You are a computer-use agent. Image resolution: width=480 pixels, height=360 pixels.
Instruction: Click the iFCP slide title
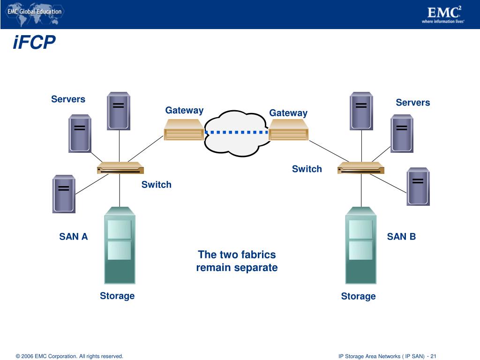35,43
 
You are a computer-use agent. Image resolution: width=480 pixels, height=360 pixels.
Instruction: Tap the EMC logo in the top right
442,15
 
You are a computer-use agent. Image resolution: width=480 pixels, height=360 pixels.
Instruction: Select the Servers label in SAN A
68,99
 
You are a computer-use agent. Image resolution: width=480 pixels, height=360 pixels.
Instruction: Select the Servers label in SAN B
412,103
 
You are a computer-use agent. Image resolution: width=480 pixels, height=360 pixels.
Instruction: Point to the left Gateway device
184,129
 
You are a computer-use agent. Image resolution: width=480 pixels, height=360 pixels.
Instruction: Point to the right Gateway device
289,130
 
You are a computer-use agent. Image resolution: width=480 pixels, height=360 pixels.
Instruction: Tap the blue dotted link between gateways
237,132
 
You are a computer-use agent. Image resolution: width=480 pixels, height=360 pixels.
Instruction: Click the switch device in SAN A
120,168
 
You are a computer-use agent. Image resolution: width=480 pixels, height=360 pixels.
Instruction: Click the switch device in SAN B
360,168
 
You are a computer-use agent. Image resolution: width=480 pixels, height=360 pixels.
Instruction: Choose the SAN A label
74,237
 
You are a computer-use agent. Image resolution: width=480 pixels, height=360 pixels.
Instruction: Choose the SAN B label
401,237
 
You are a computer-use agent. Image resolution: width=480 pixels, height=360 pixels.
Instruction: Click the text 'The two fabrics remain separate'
237,261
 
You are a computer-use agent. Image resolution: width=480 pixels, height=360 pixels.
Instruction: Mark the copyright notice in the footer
69,356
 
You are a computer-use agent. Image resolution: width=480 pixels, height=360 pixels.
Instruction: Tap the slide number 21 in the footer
434,356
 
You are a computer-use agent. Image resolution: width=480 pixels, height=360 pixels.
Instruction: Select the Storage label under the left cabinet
117,296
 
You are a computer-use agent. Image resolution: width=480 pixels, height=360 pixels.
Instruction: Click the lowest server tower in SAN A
64,194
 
